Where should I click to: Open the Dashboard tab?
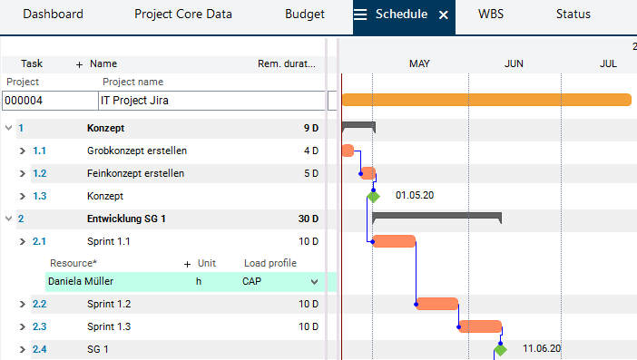point(53,15)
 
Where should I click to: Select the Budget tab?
point(305,15)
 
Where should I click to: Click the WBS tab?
point(491,15)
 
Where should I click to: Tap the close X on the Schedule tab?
point(444,15)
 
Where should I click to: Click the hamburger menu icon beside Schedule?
point(360,15)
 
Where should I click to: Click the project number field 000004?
point(51,101)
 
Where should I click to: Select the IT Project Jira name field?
point(211,101)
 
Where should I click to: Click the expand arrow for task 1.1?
point(23,151)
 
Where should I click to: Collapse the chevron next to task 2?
point(8,219)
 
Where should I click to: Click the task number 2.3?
point(39,326)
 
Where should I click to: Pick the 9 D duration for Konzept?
point(310,128)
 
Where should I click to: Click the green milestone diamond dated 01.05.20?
point(373,197)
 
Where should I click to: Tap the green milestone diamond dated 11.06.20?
point(501,349)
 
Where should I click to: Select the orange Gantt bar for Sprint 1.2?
point(437,304)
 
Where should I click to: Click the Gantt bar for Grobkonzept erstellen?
point(348,151)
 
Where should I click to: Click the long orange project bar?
point(486,100)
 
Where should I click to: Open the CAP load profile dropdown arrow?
point(314,282)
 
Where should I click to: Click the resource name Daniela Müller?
point(81,281)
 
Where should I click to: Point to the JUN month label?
point(514,63)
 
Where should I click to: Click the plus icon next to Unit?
point(187,264)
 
